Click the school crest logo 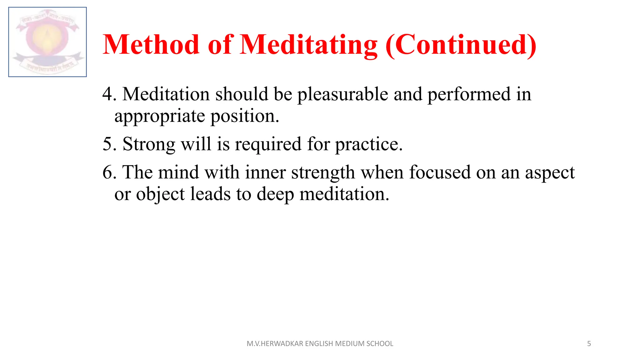[47, 42]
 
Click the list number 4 [108, 94]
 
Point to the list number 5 [108, 144]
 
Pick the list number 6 [108, 172]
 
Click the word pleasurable [342, 95]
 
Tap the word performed [469, 95]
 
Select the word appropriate [160, 117]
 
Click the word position [245, 117]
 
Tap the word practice [369, 145]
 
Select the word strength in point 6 [323, 173]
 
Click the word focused [440, 172]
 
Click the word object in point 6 [160, 195]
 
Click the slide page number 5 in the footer [589, 344]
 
